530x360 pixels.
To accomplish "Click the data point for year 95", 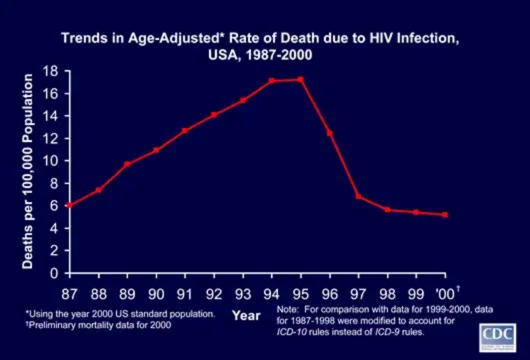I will tap(301, 80).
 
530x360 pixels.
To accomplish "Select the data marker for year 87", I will tap(70, 205).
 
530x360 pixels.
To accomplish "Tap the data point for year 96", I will tap(330, 133).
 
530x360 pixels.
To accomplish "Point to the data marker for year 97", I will tap(359, 196).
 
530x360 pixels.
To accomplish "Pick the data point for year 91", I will tap(185, 130).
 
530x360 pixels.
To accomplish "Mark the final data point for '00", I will tap(445, 214).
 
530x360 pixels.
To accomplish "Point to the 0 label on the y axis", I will tap(54, 273).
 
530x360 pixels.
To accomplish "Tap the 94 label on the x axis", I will tap(272, 294).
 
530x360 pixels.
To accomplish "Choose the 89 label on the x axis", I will tap(127, 294).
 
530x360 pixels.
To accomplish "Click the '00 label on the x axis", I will tap(446, 294).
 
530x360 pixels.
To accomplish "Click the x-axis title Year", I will tap(246, 315).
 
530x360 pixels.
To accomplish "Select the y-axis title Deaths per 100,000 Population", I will tap(27, 171).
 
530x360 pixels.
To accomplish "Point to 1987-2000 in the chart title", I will tap(279, 55).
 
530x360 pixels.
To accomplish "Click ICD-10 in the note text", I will tap(291, 332).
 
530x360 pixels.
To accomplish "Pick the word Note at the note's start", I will tap(286, 309).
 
